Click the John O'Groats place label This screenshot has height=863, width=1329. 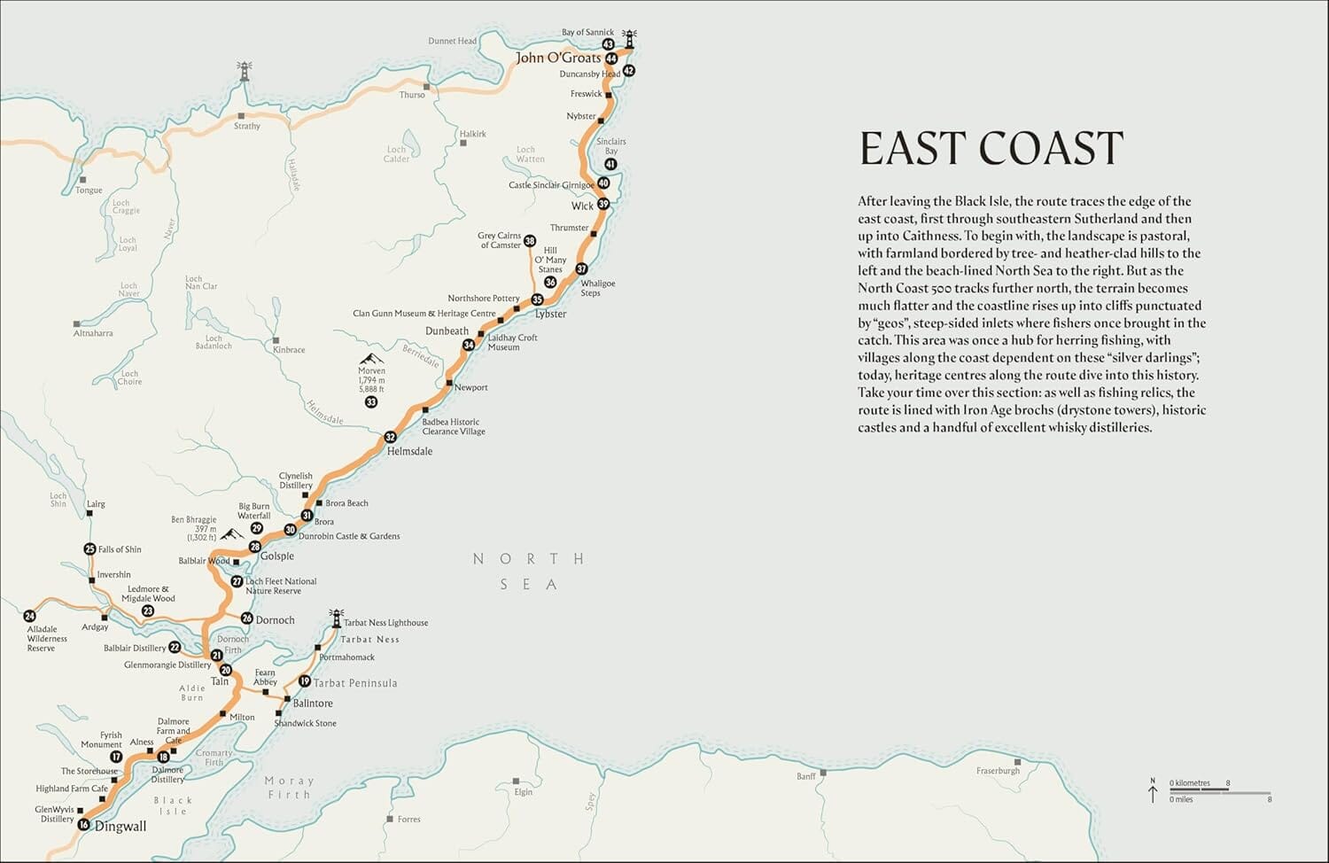558,58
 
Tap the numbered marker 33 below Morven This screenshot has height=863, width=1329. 371,402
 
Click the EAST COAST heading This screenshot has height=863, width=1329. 991,148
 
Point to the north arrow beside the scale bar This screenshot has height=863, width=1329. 1153,790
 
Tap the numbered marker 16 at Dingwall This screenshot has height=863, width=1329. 83,825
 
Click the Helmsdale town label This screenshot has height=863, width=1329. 409,451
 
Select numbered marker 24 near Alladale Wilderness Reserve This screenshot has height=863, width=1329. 30,616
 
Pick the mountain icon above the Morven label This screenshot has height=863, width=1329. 371,358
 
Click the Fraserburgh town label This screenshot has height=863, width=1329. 998,771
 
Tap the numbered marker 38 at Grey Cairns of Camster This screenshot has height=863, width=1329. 530,241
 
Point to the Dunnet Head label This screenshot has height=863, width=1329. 452,41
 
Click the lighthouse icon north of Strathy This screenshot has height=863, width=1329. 244,71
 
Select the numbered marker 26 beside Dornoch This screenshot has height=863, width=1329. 247,618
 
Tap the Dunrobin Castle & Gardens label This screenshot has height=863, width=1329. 349,536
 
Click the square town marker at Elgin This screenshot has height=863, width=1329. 517,781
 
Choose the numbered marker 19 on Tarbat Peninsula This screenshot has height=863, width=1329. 305,681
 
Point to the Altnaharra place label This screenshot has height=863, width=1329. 93,333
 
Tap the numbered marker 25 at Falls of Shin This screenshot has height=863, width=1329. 89,549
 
